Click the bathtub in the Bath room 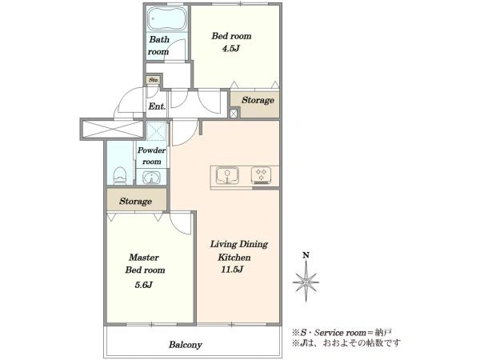(x=167, y=18)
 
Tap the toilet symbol (x=120, y=176)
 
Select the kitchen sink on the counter (x=227, y=176)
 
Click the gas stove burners (x=261, y=175)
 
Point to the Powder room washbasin (x=151, y=178)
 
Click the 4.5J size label (x=230, y=49)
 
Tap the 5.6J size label (x=143, y=285)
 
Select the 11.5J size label (x=232, y=270)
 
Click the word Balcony (x=186, y=345)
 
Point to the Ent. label (x=157, y=106)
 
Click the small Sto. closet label (x=154, y=80)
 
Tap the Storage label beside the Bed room (x=258, y=101)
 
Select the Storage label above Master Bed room (x=136, y=202)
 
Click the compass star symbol (x=306, y=282)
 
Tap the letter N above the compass (x=306, y=255)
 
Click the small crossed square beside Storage (x=234, y=114)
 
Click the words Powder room (x=151, y=156)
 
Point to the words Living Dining (x=238, y=244)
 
